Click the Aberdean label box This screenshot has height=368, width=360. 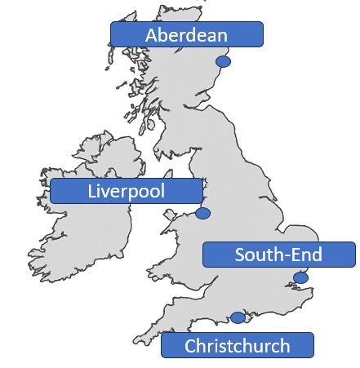pos(187,34)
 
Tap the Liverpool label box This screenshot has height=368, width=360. pos(126,191)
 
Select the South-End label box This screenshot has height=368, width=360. pos(278,255)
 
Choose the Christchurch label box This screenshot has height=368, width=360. pos(237,345)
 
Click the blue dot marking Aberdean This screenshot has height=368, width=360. pos(222,62)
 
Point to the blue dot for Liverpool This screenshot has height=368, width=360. pos(202,214)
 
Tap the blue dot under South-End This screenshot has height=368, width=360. pos(300,278)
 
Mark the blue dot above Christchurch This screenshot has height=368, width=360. pos(238,317)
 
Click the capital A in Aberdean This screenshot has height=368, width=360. pos(152,35)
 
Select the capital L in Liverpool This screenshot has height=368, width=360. pos(91,192)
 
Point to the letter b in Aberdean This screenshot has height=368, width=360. pos(164,35)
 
